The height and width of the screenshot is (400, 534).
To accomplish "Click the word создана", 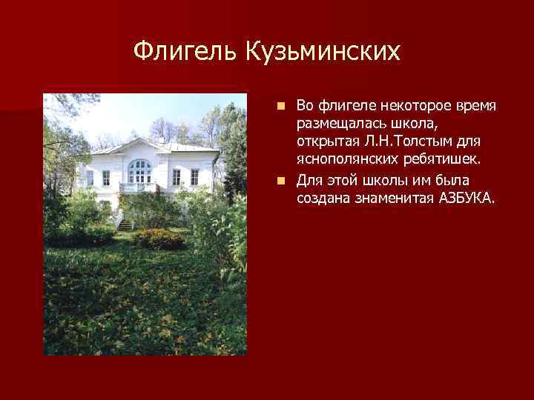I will tap(321, 198).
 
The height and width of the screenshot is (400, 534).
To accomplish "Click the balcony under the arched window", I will tap(137, 187).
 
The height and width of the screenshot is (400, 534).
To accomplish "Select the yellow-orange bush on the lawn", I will tap(158, 239).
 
